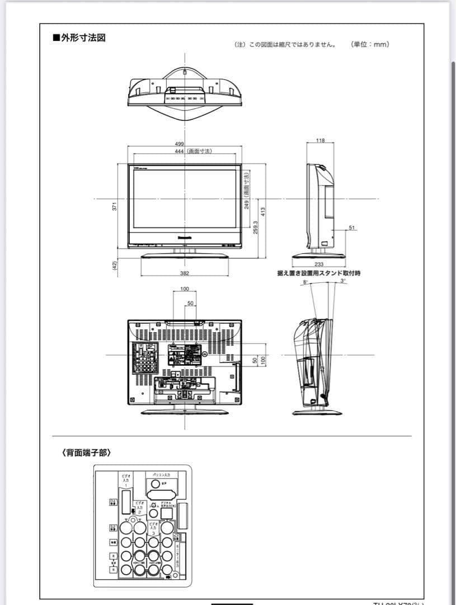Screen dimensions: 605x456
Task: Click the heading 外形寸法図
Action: (x=79, y=38)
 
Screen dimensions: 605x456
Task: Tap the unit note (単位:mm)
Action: (x=370, y=44)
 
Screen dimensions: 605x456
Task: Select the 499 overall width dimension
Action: (x=180, y=145)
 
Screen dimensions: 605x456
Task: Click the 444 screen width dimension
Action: (x=180, y=151)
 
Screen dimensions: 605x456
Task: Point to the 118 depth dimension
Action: (x=320, y=141)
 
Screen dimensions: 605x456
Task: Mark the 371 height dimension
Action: (x=115, y=206)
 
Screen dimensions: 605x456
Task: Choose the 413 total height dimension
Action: (x=262, y=212)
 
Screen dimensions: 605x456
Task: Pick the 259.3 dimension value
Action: (x=256, y=226)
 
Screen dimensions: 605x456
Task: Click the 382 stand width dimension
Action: (x=185, y=273)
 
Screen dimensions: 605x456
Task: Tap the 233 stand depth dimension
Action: (x=319, y=264)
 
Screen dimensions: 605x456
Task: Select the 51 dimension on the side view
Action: (x=351, y=227)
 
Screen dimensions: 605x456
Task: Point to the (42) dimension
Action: (x=115, y=266)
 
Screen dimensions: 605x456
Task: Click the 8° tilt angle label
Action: (x=305, y=282)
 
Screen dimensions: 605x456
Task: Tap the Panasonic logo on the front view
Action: (x=185, y=237)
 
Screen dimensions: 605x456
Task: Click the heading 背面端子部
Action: (x=86, y=452)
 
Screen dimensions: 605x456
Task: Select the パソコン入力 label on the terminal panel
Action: (x=161, y=475)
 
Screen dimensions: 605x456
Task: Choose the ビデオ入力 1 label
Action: (x=126, y=480)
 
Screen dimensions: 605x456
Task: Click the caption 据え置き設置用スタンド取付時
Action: (x=319, y=273)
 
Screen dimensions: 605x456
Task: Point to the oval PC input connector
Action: (x=162, y=495)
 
